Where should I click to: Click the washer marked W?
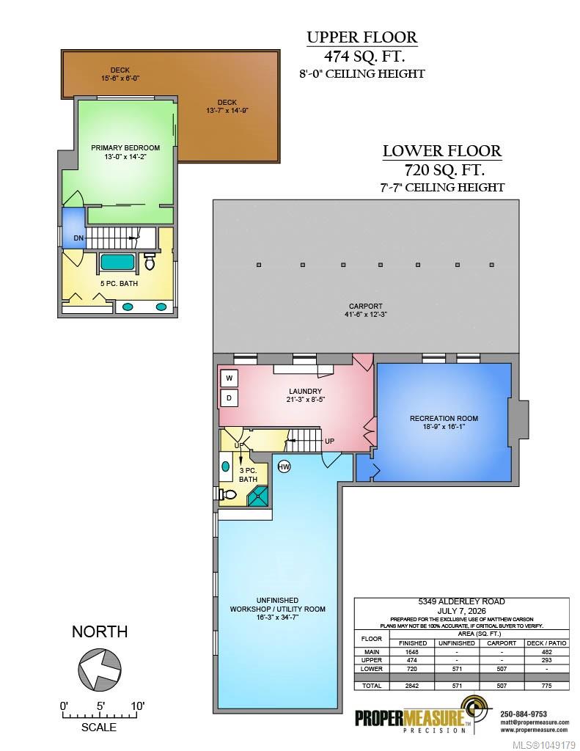pos(230,378)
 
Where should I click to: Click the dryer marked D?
pos(230,398)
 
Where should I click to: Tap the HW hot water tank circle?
pos(284,466)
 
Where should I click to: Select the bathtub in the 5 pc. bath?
pos(117,263)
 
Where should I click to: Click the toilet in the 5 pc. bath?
pos(150,262)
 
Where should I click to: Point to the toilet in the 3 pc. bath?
pos(227,494)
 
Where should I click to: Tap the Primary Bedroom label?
pos(125,147)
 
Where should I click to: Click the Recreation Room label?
pos(444,418)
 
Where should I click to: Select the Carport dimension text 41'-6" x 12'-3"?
pos(366,315)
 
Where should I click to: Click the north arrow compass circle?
pos(100,669)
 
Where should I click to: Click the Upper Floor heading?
pos(362,37)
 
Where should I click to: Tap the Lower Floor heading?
pos(442,151)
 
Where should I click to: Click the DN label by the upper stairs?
pos(78,238)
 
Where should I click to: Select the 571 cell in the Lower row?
pos(457,669)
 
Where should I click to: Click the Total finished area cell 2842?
pos(412,686)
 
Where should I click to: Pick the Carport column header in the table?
pos(502,643)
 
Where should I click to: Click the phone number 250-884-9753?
pos(524,714)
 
